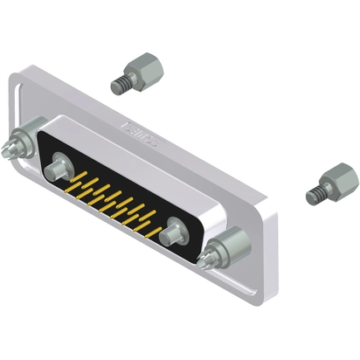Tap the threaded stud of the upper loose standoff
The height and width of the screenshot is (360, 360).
point(119,85)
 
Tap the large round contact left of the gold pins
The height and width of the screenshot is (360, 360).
point(61,164)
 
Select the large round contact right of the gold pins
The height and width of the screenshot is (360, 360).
point(175,232)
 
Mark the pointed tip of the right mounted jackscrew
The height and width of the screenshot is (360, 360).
point(202,263)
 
